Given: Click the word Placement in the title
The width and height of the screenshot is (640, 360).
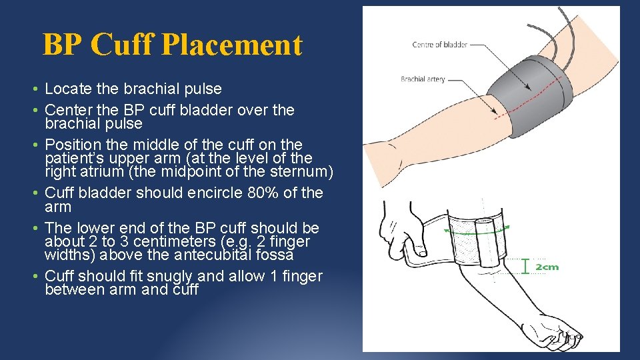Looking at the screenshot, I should (231, 45).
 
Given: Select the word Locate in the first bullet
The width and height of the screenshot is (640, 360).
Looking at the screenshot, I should (68, 89).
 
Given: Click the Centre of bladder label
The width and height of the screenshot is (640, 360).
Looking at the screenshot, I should (439, 45).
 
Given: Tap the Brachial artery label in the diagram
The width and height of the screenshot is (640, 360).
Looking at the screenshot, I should (423, 79).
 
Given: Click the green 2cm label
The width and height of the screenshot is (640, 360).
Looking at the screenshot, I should (547, 267).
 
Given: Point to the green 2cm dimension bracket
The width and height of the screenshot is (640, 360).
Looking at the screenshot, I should (526, 267).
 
